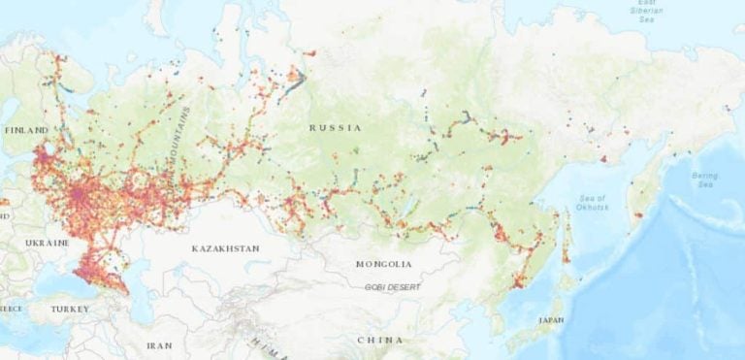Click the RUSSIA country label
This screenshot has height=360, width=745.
pos(335,128)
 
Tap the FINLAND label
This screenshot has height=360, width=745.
pos(25,130)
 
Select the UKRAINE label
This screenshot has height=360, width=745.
pos(48,242)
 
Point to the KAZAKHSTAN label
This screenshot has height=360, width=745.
pos(225,249)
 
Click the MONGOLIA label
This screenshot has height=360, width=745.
pos(384,264)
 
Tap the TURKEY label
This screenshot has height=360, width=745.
pos(69,310)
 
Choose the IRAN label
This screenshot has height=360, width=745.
pos(159,345)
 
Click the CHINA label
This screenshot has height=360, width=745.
pos(381,341)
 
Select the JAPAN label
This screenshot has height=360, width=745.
pos(549,319)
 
